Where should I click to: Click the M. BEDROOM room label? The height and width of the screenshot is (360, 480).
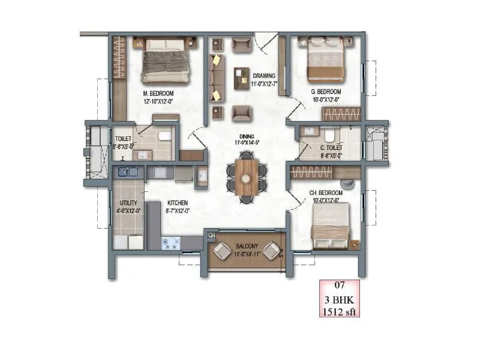click(158, 94)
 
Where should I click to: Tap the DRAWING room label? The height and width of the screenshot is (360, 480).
click(263, 76)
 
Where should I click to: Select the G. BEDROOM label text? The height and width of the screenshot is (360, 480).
click(325, 92)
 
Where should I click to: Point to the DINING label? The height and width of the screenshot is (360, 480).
click(245, 136)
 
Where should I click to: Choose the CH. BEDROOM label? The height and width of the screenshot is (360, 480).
click(325, 192)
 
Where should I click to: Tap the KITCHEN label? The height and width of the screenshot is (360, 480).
click(178, 203)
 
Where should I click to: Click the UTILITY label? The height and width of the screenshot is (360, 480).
click(128, 203)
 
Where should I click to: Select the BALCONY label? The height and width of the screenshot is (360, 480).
click(246, 246)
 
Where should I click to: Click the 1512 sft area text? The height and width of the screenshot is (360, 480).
click(339, 310)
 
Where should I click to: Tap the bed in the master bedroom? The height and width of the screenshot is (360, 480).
click(166, 60)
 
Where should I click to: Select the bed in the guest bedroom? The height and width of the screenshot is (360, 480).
click(326, 59)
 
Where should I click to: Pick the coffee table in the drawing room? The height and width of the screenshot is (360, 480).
click(242, 78)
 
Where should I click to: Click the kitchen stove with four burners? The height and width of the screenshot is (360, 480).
click(171, 243)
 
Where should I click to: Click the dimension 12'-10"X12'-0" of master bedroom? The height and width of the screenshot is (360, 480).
click(158, 102)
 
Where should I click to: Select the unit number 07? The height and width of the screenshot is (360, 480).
click(339, 286)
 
